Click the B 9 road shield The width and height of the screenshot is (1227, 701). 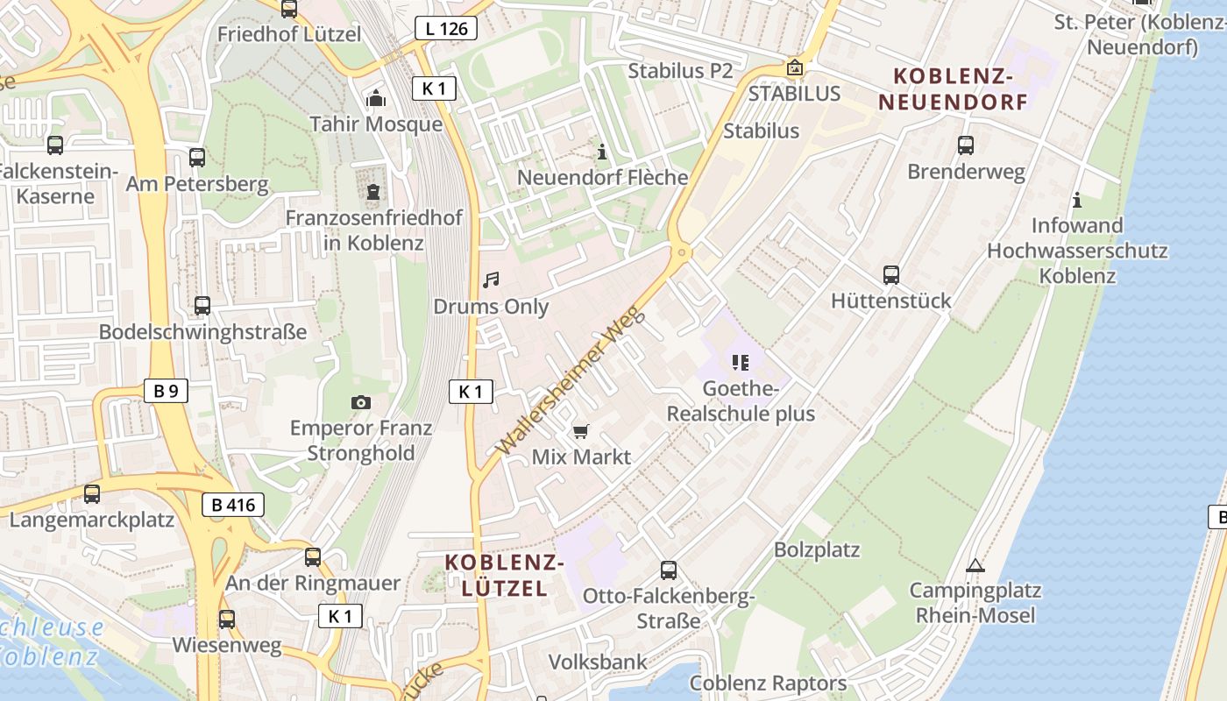166,391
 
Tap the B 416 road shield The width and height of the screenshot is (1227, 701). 233,505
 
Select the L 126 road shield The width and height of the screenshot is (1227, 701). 446,29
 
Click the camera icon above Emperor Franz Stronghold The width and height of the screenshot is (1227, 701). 360,402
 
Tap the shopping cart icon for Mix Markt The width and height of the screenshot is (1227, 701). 581,431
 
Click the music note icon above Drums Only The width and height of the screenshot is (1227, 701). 491,280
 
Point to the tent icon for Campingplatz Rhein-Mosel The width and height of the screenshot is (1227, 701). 975,565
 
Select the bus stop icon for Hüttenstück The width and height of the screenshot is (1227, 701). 891,275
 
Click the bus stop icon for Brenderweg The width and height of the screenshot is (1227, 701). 966,145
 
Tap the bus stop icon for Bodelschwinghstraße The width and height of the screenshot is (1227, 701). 202,306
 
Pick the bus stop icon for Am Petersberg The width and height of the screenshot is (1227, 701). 197,158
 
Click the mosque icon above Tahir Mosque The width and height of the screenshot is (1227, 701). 376,97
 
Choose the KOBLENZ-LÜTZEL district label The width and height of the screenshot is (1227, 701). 504,575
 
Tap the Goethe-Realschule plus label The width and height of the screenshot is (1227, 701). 741,401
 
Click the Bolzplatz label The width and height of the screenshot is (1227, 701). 817,550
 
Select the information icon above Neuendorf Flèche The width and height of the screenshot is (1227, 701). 602,152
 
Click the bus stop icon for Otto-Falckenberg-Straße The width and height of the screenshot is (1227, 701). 669,570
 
